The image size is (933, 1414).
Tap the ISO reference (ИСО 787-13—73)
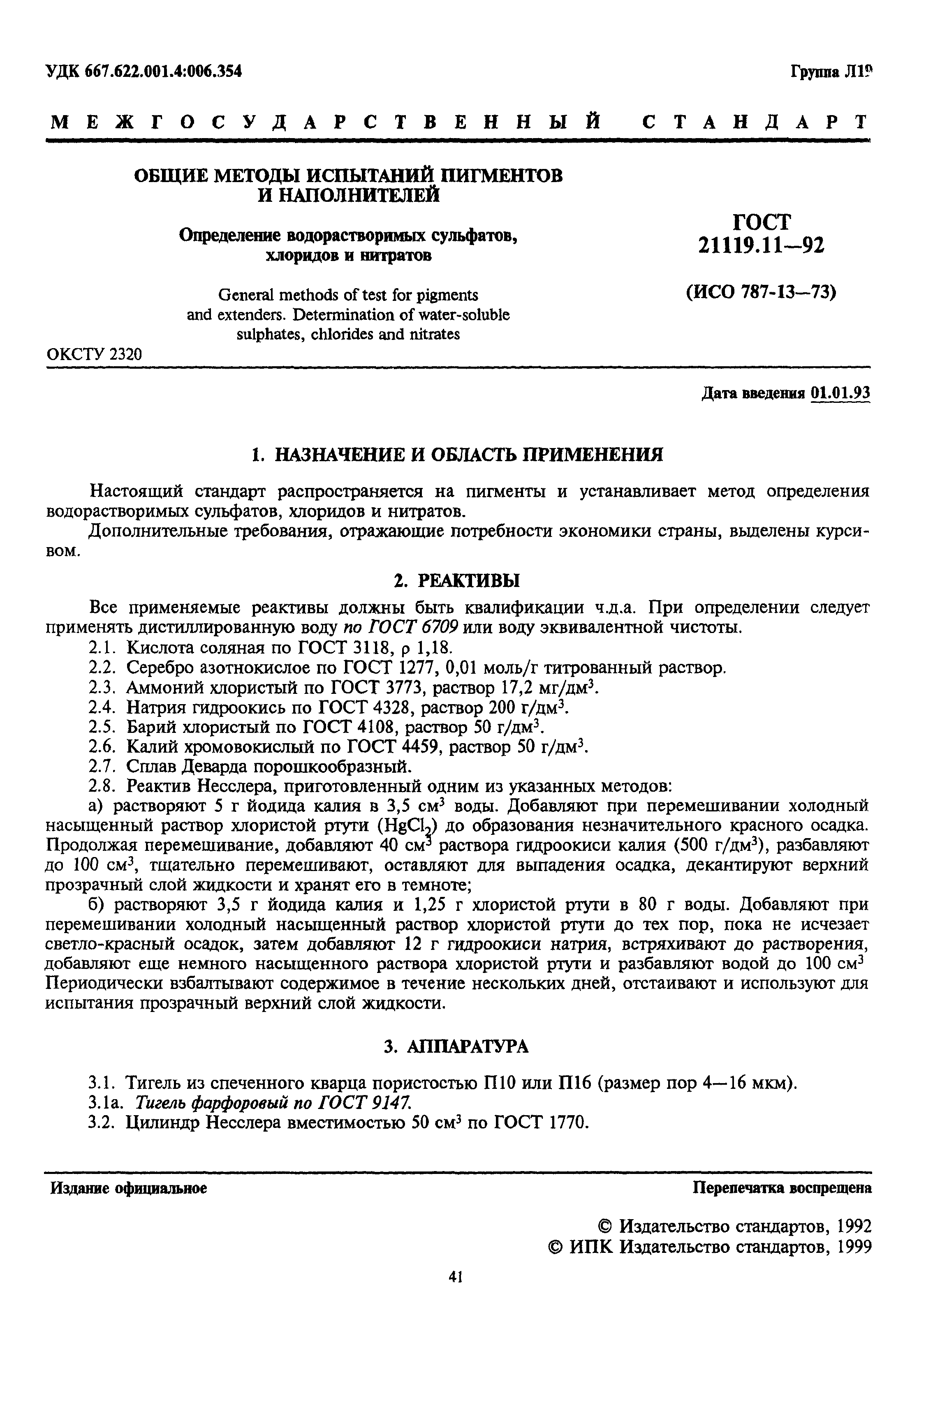pyautogui.click(x=761, y=293)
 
